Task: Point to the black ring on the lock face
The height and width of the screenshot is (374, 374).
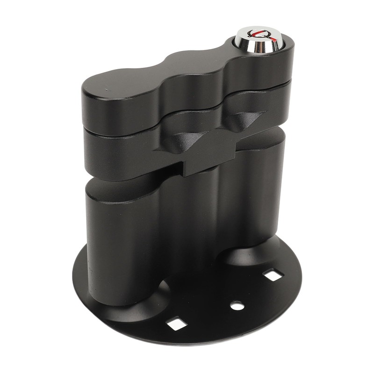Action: point(255,35)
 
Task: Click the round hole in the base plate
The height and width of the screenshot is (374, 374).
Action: point(237,306)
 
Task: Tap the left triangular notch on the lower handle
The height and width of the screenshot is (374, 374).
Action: point(185,141)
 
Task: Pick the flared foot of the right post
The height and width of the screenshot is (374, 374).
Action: point(248,255)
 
